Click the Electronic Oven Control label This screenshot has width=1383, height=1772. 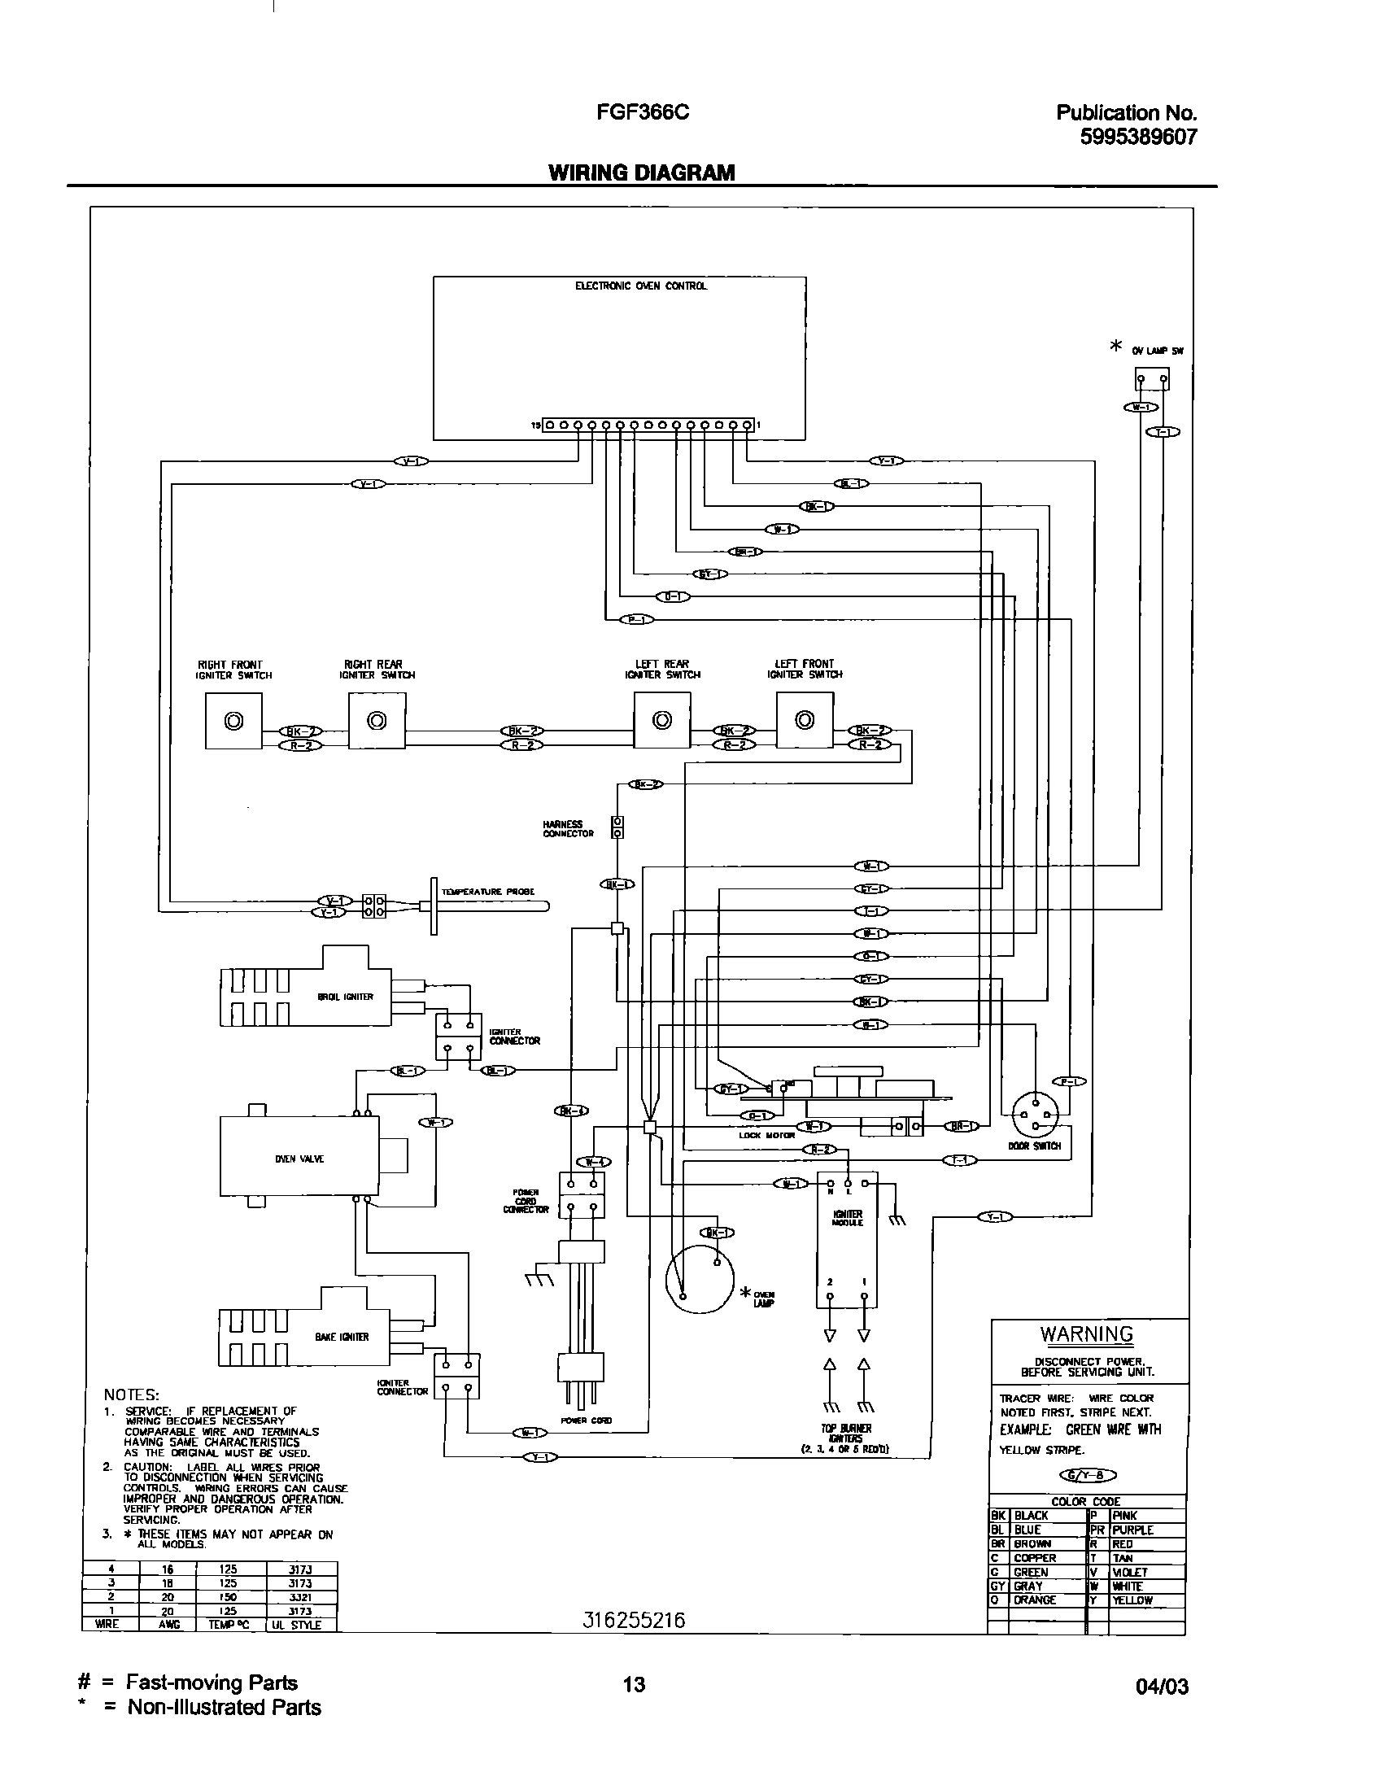[641, 286]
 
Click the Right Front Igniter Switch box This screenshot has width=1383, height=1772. [233, 721]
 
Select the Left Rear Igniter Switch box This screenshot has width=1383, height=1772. [662, 720]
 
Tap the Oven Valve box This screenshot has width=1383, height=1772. [299, 1159]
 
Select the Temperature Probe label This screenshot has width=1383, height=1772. [487, 892]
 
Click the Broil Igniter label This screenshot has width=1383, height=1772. [345, 997]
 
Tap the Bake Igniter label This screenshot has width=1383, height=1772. [342, 1337]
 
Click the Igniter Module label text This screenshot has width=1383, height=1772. [848, 1218]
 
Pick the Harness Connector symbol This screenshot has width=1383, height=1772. [617, 827]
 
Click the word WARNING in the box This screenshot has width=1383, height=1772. [1086, 1333]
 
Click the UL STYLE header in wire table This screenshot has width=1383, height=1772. [301, 1625]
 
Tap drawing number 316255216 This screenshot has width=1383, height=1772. [634, 1621]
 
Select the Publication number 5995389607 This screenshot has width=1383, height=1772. [1138, 137]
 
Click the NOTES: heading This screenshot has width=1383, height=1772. [131, 1394]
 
